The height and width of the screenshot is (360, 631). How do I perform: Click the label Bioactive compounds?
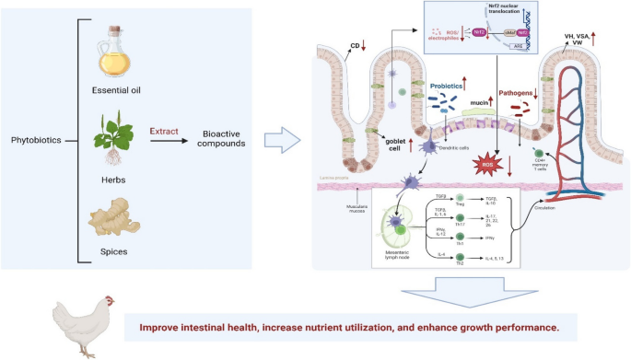222,140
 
